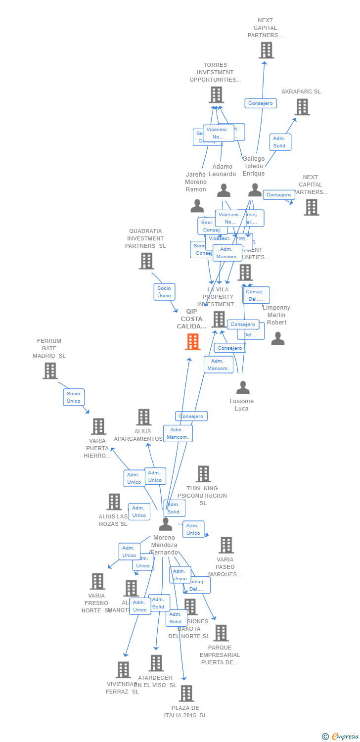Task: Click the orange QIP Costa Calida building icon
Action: [193, 342]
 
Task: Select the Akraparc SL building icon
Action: [302, 107]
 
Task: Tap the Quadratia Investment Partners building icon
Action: [146, 261]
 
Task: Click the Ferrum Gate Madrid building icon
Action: [50, 371]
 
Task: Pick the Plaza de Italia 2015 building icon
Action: [186, 694]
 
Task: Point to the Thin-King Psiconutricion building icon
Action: [203, 474]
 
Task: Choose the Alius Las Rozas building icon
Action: [114, 502]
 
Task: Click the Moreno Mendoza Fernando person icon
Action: [165, 524]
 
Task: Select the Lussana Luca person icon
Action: [242, 388]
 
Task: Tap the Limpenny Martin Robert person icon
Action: [278, 338]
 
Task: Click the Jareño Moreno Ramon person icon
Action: [197, 206]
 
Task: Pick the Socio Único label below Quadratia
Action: [164, 292]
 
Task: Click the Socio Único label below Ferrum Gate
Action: [74, 397]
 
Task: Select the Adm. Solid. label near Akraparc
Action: [280, 142]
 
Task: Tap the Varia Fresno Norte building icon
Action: [97, 581]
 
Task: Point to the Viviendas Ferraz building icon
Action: [123, 670]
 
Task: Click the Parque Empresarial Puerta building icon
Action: [221, 633]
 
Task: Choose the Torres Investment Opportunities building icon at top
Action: [216, 94]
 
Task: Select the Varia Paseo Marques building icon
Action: [226, 545]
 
